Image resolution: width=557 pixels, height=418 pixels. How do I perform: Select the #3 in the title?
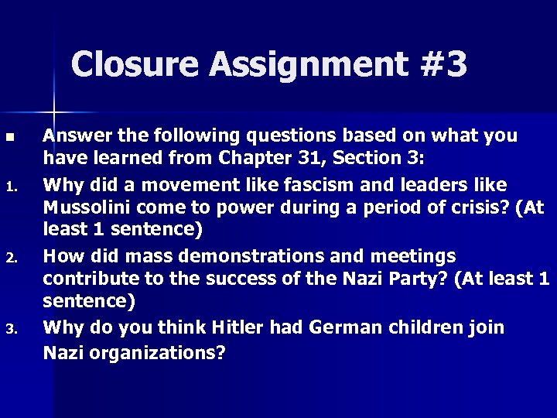coord(443,65)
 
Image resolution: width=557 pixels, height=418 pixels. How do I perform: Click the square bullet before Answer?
coord(9,137)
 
